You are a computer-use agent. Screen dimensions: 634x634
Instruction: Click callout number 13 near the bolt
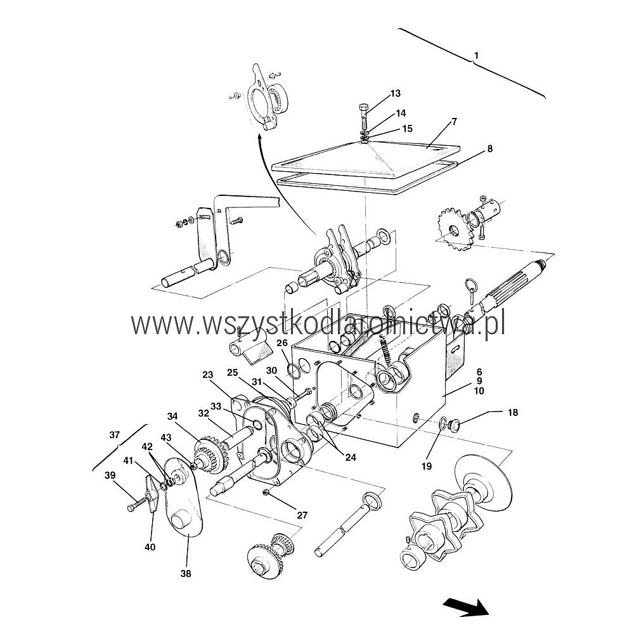tap(395, 94)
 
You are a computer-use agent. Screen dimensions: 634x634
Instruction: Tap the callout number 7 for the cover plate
tap(472, 121)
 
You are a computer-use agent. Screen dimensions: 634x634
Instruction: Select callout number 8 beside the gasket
tap(489, 149)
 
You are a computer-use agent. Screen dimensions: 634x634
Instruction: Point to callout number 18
tap(512, 413)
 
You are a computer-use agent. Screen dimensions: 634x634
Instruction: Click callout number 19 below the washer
tap(426, 466)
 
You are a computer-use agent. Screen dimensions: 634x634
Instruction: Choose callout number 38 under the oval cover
tap(185, 573)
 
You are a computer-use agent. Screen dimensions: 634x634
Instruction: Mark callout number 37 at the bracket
tap(114, 435)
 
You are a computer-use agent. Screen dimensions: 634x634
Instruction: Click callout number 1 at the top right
tap(476, 56)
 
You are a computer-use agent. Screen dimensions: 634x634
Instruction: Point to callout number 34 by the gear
tap(172, 417)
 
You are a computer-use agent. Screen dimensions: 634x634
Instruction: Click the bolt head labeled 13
tap(364, 107)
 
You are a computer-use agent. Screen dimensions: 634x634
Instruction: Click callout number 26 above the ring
tap(281, 344)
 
